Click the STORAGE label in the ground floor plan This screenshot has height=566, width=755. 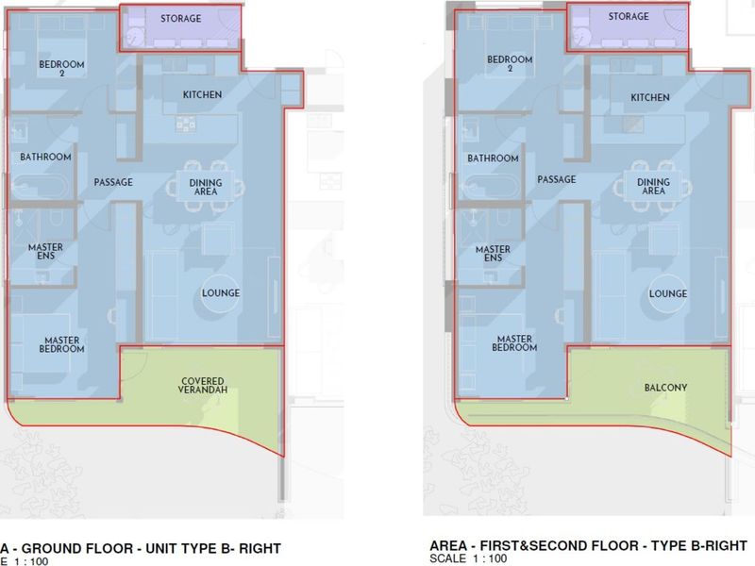pyautogui.click(x=180, y=19)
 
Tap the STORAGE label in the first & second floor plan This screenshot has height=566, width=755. pyautogui.click(x=629, y=16)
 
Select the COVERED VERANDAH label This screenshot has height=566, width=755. pyautogui.click(x=202, y=385)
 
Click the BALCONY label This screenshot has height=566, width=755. pyautogui.click(x=665, y=388)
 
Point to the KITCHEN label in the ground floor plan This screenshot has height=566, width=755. pyautogui.click(x=202, y=95)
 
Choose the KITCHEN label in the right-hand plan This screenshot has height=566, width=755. pyautogui.click(x=650, y=98)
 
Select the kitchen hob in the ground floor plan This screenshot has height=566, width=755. pyautogui.click(x=186, y=125)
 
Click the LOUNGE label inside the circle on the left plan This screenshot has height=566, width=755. pyautogui.click(x=221, y=293)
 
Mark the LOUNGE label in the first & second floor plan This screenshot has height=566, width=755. pyautogui.click(x=668, y=293)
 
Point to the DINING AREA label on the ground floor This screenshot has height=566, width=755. pyautogui.click(x=206, y=187)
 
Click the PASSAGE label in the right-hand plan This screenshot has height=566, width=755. pyautogui.click(x=557, y=179)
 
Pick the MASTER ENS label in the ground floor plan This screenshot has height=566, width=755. pyautogui.click(x=45, y=251)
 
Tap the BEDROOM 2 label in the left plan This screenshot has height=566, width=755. pyautogui.click(x=61, y=68)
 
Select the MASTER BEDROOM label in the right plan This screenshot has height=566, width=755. pyautogui.click(x=514, y=343)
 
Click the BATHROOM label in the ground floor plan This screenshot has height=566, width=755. pyautogui.click(x=45, y=157)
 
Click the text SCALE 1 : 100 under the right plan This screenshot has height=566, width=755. pyautogui.click(x=468, y=558)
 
